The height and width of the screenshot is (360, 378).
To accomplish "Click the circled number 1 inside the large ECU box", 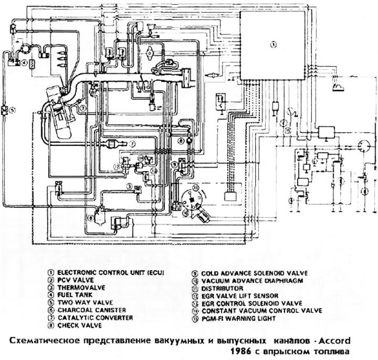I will point(273,45).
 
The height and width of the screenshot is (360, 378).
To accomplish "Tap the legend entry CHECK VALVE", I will point(75,326).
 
